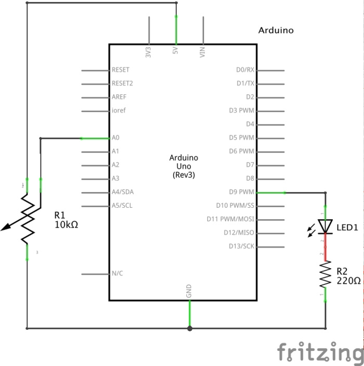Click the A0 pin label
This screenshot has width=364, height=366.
[115, 138]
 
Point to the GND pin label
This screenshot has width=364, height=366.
[189, 291]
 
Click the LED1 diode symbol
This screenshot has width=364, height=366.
[326, 226]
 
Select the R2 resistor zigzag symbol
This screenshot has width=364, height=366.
[326, 274]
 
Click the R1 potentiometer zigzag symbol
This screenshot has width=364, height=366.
[27, 218]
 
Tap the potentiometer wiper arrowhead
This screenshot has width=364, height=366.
[5, 228]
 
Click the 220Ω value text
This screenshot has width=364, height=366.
[348, 281]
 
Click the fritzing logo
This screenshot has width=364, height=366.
[319, 352]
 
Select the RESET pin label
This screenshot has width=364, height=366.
[120, 70]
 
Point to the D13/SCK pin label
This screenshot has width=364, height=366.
[241, 246]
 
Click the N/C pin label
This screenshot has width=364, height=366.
[117, 273]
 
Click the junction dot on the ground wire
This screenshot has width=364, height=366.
[190, 329]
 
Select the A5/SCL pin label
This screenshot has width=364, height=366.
[122, 206]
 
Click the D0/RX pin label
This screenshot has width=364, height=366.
[245, 70]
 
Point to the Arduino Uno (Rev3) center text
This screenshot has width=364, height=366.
[184, 167]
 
